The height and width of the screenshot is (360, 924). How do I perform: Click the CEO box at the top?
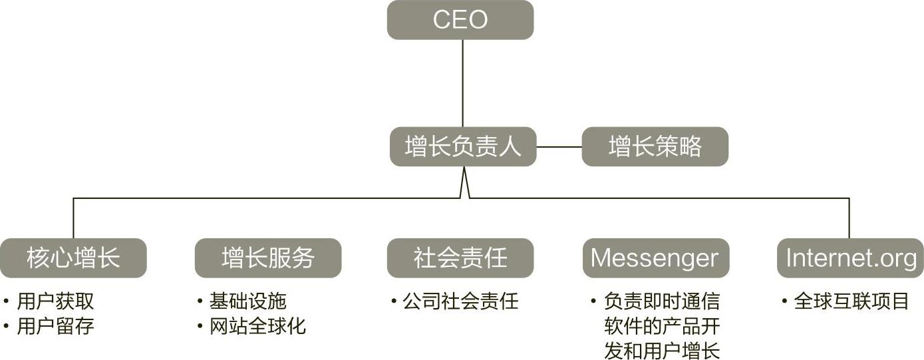point(460,20)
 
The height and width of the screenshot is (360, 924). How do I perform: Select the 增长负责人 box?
point(463,146)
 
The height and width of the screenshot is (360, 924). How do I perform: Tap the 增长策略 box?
point(655,146)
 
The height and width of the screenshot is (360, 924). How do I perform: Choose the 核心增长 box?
point(73,258)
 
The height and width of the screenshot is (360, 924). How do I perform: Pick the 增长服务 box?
point(267,258)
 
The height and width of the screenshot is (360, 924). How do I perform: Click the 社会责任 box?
point(460,258)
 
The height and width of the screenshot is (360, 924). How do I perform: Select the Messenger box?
point(655,258)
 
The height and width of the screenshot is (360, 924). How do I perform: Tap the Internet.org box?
point(851,258)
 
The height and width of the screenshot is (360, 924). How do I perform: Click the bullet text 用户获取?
point(55,301)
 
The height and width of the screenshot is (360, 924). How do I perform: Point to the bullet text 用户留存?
point(55,326)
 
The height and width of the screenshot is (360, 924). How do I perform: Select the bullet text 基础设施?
point(248,301)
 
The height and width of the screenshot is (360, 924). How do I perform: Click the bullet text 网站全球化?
point(257,326)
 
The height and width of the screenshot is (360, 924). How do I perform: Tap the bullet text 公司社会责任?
point(460,301)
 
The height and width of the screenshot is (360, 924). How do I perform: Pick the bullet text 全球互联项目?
point(851,301)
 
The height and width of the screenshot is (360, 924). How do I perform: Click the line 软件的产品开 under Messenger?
point(662,326)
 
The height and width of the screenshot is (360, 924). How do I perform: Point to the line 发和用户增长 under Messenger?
point(662,350)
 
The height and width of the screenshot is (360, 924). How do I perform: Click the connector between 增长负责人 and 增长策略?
point(559,146)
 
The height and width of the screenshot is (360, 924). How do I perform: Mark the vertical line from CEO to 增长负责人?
point(462,83)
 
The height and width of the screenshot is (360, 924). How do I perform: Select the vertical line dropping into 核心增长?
point(73,218)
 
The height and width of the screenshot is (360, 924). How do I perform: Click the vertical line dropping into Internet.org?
point(849,218)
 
